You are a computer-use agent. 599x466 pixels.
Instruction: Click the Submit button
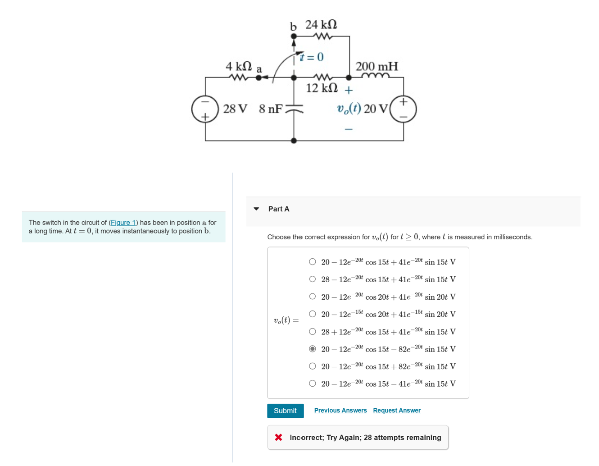(285, 411)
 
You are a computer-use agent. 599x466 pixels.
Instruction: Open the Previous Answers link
(340, 410)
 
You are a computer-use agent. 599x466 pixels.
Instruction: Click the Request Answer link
(396, 410)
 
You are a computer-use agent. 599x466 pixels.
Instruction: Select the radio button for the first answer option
(313, 262)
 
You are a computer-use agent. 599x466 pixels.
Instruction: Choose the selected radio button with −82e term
(313, 349)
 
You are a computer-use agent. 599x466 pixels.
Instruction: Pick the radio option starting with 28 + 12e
(313, 332)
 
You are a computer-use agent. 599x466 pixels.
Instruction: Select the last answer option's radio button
(313, 384)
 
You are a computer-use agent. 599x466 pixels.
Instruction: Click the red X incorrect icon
(278, 437)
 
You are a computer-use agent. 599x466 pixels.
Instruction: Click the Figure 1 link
(123, 223)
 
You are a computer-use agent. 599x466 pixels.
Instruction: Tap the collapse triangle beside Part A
(256, 209)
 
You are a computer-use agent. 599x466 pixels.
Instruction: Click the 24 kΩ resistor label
(321, 24)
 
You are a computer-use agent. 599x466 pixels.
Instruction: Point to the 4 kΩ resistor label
(239, 66)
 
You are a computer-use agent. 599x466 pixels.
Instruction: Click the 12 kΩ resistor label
(322, 88)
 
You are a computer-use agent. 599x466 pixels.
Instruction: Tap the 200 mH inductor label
(377, 67)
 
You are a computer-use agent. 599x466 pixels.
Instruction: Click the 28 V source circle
(205, 109)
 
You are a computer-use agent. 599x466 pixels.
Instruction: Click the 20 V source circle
(403, 109)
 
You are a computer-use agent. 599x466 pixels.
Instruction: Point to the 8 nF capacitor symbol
(294, 109)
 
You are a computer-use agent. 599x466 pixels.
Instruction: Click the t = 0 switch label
(312, 57)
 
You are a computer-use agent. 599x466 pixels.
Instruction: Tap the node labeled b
(294, 36)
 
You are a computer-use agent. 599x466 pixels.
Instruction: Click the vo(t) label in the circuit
(349, 109)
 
